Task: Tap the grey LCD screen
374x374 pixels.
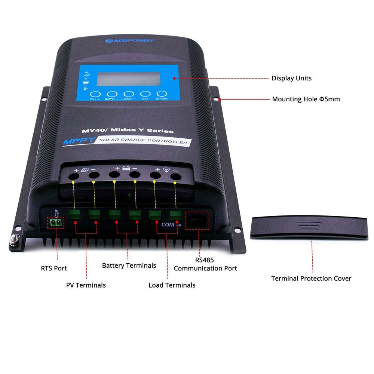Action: point(127,79)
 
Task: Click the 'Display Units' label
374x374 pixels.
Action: point(291,79)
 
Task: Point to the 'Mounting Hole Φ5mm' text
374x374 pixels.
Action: point(306,99)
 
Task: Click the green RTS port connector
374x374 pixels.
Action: point(56,223)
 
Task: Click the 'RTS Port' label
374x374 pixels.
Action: point(54,268)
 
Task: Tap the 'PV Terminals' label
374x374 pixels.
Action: point(86,285)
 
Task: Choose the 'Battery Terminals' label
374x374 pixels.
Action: point(129,266)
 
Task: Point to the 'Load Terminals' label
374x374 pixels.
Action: point(172,285)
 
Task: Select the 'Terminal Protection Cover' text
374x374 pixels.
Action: point(311,279)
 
